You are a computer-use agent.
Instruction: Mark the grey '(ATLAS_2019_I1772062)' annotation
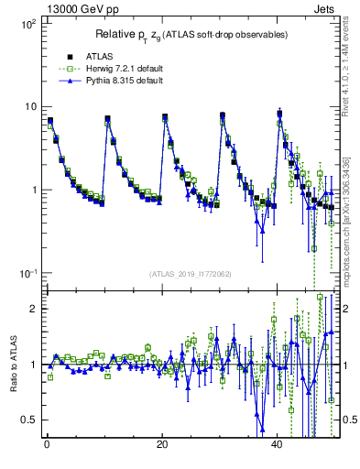[191, 273]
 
